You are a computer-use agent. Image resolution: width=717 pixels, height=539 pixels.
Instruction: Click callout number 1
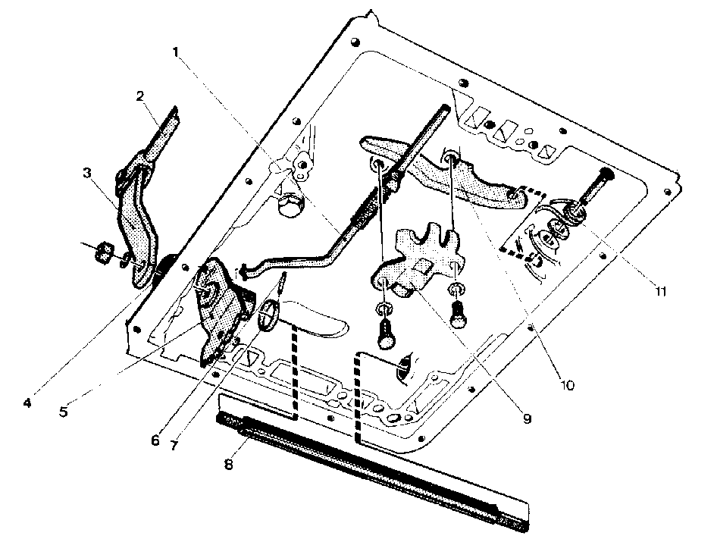coord(175,52)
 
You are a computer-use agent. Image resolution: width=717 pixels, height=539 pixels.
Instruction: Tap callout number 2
coord(140,96)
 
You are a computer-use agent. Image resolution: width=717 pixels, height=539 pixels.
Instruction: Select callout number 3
coord(87,174)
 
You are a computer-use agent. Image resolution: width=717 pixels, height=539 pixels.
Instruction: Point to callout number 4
coord(27,403)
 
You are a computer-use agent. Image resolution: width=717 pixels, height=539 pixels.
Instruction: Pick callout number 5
coord(64,412)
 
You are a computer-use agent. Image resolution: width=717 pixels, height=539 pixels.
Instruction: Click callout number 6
coord(155,440)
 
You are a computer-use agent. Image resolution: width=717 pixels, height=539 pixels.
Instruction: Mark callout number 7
coord(174,445)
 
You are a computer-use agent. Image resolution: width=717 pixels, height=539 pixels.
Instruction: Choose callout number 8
coord(229,465)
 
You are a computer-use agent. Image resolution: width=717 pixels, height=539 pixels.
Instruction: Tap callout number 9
coord(528,418)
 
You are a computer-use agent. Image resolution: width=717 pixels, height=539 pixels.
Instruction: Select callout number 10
coord(567,385)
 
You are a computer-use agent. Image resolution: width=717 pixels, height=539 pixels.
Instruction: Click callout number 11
coord(660,291)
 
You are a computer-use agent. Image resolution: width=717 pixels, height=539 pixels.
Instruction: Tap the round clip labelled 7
coord(269,315)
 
